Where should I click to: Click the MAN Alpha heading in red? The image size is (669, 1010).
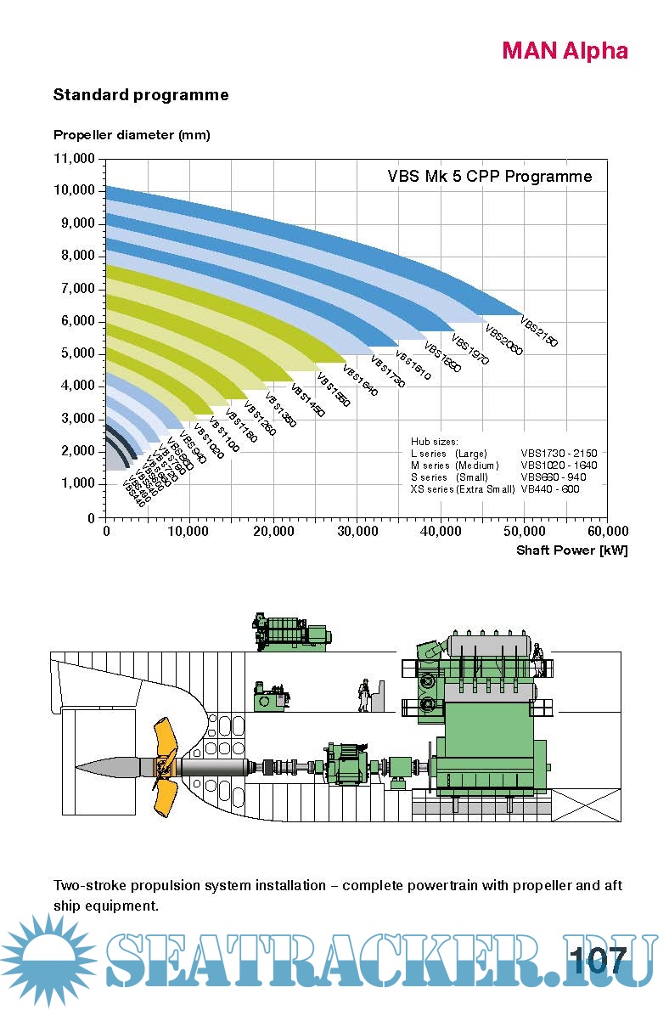coord(565,51)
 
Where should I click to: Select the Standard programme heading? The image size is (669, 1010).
coord(141,94)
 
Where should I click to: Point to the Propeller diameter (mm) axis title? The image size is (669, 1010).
coord(132,134)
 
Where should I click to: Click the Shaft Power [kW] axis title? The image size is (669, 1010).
coord(571,550)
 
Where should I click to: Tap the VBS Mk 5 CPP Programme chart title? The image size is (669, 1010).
coord(489,177)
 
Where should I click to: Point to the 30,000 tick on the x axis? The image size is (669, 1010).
coord(357,532)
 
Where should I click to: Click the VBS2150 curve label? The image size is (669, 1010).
coord(538,332)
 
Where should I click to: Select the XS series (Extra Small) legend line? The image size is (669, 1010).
coord(463,489)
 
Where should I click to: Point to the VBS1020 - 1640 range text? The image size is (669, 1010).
coord(559,466)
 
